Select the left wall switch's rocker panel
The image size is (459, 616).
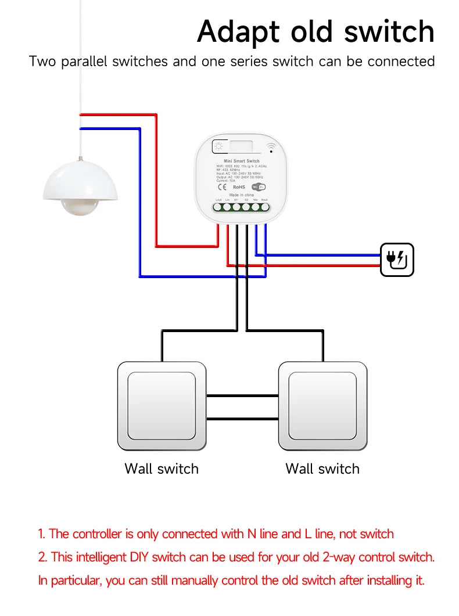pos(161,405)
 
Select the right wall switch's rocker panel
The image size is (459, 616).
pos(322,405)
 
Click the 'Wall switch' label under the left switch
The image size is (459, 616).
pos(161,469)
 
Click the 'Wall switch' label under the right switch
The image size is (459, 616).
pos(322,469)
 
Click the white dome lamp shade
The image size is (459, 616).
pos(81,180)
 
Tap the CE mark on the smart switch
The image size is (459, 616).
pos(222,188)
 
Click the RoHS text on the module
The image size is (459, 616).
pos(239,188)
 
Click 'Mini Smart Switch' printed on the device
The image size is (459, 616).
pos(241,161)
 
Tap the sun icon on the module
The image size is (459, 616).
pos(219,146)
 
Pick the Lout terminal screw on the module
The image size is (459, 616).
pos(218,206)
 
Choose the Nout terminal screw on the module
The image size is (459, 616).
pos(265,206)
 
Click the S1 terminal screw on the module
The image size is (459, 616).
pos(237,206)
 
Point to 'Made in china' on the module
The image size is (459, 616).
pos(241,195)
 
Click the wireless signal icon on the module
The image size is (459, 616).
pos(270,147)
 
